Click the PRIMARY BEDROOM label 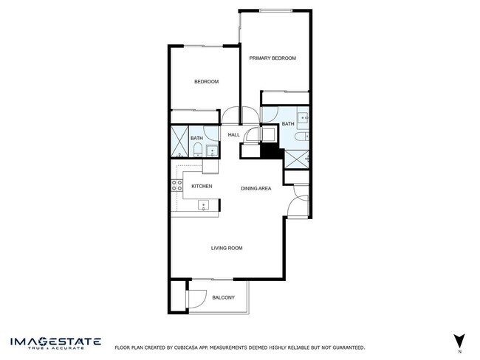(272, 58)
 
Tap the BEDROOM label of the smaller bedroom (206, 82)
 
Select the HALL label (233, 135)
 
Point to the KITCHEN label (202, 187)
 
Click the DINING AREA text (256, 189)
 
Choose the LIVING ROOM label (226, 248)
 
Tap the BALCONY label (223, 297)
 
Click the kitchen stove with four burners (177, 186)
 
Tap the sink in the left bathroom (213, 152)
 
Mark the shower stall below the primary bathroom (298, 159)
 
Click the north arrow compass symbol (459, 340)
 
